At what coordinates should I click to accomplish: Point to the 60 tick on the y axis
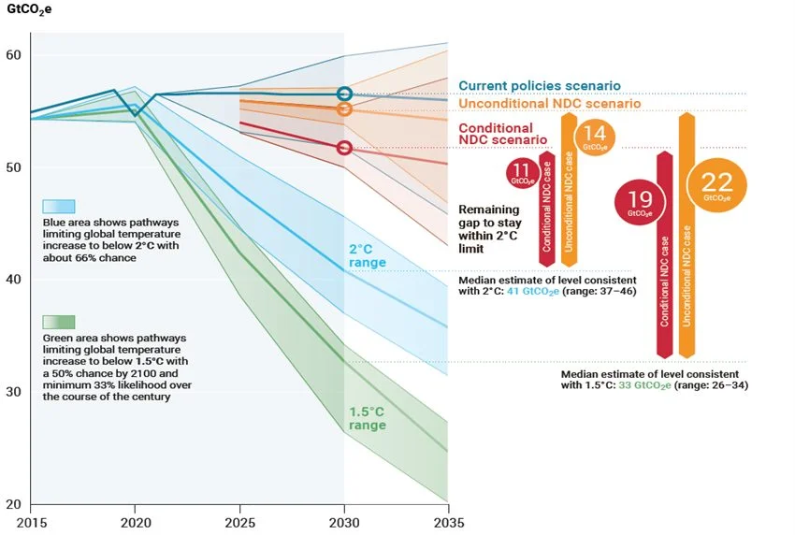click(15, 55)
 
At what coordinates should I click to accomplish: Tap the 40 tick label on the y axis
click(15, 280)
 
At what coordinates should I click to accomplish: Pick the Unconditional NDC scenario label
click(549, 104)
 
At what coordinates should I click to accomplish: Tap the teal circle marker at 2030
click(344, 94)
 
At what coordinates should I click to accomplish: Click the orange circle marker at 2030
click(344, 109)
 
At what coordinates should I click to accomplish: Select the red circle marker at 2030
click(344, 148)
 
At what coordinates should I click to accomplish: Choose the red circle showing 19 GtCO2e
click(639, 204)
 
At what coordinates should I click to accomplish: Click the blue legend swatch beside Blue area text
click(59, 207)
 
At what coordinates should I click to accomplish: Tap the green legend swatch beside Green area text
click(59, 323)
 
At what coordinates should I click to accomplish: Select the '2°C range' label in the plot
click(368, 258)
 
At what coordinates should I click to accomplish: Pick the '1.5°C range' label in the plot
click(368, 418)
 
